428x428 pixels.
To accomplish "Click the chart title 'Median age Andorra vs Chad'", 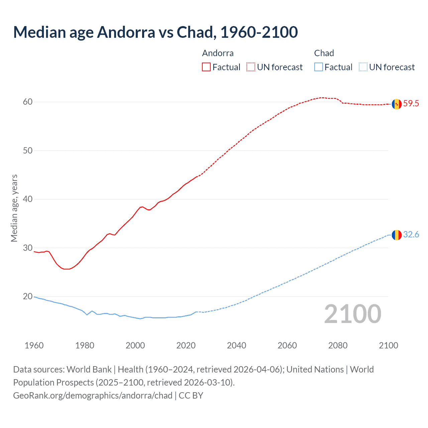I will click(155, 32).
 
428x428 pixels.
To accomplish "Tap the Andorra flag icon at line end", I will click(396, 104).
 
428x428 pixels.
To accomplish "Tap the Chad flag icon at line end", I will click(396, 235).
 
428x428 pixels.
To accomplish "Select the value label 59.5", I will click(411, 104).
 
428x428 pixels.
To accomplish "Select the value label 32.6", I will click(411, 235).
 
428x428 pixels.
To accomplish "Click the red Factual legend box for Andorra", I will click(206, 67).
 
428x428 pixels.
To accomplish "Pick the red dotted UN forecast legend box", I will click(251, 67).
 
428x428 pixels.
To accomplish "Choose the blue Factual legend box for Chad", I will click(319, 67).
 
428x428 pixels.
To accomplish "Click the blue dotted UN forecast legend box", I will click(363, 67).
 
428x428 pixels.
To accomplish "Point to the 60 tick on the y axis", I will click(28, 102).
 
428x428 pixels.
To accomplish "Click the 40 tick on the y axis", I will click(28, 199).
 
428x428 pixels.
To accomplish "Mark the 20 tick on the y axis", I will click(28, 297).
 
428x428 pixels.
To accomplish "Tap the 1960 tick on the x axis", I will click(34, 345).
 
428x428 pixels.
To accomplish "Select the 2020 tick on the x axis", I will click(186, 345).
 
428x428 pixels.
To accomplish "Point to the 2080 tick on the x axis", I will click(338, 345).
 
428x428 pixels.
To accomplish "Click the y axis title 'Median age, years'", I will click(14, 208).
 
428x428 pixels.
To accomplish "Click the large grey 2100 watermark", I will click(352, 314).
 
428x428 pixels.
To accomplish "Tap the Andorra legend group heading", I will click(218, 53).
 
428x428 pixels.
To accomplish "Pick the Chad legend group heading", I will click(324, 53).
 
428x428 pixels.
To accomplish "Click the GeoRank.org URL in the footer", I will click(93, 396).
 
